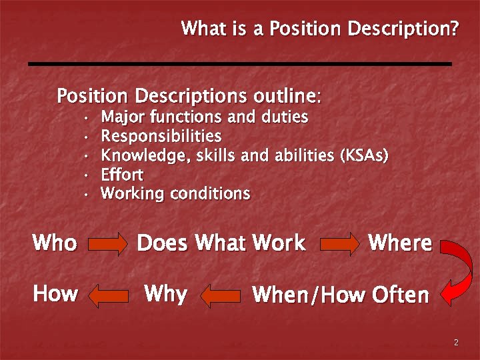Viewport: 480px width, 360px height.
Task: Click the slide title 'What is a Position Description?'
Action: [x=320, y=29]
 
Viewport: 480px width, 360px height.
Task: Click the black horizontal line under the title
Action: [x=240, y=63]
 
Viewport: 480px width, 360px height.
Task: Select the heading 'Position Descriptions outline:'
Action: [x=189, y=96]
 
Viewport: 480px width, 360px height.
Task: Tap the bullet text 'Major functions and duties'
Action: [x=204, y=117]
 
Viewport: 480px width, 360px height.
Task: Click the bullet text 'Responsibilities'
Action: [x=161, y=137]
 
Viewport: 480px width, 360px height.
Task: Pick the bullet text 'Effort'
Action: [x=122, y=175]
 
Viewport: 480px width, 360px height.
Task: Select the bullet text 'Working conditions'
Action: [x=175, y=195]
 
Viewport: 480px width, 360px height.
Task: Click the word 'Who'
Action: [x=55, y=243]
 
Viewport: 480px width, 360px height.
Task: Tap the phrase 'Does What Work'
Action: [x=221, y=243]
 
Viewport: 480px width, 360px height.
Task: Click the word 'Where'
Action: [x=399, y=243]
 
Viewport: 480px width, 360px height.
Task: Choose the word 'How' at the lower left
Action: [x=55, y=293]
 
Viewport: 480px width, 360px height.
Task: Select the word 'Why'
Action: [x=165, y=293]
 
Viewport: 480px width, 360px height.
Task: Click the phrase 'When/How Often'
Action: [x=340, y=295]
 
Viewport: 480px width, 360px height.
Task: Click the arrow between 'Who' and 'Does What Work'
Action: [x=107, y=244]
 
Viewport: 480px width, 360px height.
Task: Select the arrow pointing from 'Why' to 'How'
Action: [x=109, y=295]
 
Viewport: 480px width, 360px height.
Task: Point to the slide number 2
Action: [x=456, y=343]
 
